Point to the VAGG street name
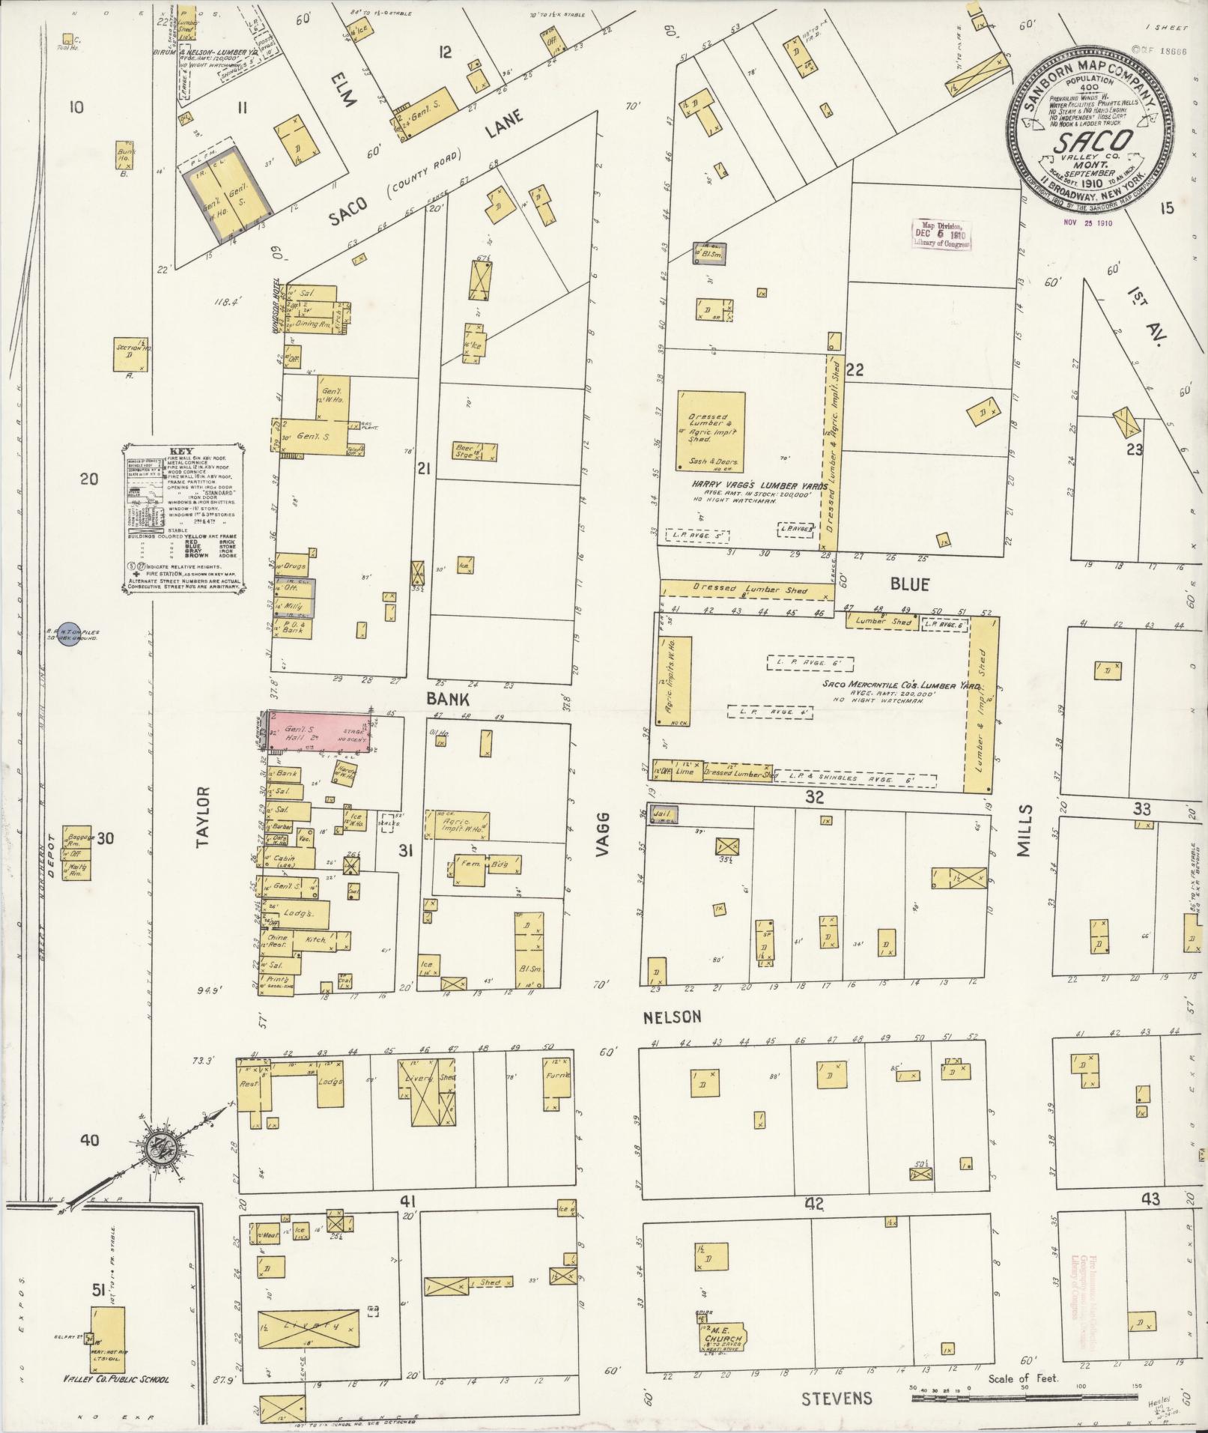tap(607, 831)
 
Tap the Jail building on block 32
tap(661, 814)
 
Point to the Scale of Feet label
tap(1023, 1379)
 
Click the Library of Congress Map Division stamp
tap(941, 234)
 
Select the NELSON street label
tap(672, 1017)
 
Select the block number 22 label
tap(855, 369)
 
